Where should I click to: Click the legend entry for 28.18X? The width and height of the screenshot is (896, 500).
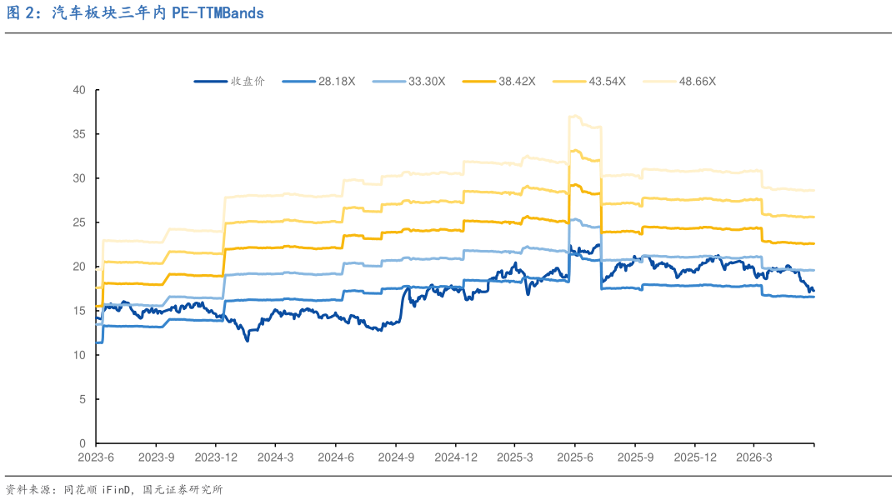click(x=319, y=82)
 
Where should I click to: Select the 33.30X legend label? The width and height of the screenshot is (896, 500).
click(x=408, y=82)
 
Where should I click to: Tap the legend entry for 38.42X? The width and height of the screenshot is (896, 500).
click(x=499, y=82)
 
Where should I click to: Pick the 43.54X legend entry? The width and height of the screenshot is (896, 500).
click(x=589, y=82)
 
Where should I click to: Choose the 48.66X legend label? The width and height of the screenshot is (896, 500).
click(x=679, y=82)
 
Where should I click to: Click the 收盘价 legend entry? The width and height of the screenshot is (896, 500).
click(x=230, y=82)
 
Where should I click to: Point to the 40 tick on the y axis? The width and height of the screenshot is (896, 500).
click(x=79, y=90)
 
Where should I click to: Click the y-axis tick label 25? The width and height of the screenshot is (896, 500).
click(x=79, y=222)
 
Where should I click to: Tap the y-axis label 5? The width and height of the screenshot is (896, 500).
click(x=83, y=399)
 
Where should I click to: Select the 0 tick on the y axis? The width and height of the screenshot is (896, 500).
click(x=83, y=443)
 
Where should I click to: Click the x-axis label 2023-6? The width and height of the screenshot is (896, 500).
click(x=96, y=457)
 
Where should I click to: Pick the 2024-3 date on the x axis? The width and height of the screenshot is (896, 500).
click(x=275, y=457)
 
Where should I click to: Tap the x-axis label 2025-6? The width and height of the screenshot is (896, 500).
click(x=575, y=457)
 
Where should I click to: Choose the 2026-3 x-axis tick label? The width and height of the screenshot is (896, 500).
click(x=754, y=457)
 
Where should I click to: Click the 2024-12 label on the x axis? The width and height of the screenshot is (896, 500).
click(x=455, y=457)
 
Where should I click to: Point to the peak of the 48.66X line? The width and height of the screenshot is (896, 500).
click(x=573, y=116)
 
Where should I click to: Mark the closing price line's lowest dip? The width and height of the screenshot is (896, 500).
click(x=247, y=341)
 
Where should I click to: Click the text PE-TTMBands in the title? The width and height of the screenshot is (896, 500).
click(x=218, y=13)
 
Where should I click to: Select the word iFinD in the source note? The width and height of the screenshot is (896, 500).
click(x=117, y=490)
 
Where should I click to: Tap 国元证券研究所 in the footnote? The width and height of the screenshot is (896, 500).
click(x=183, y=490)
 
